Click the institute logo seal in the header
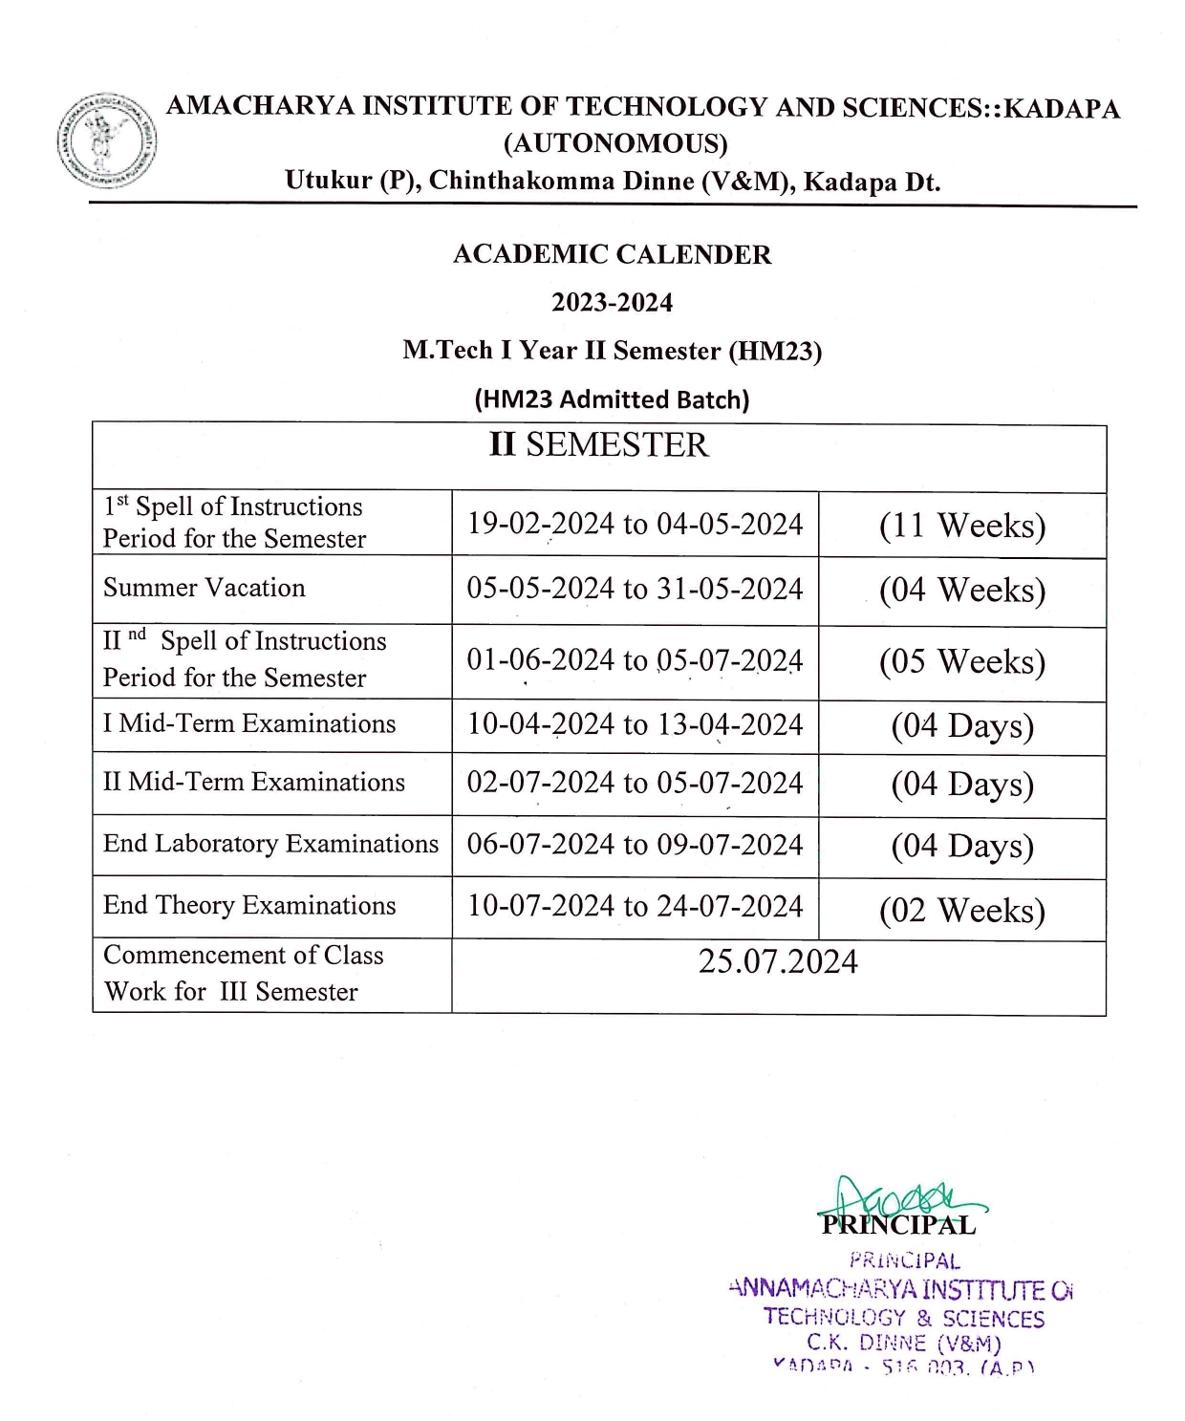tap(106, 140)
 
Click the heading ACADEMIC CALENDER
tap(612, 254)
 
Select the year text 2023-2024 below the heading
tap(612, 302)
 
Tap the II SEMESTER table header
tap(599, 445)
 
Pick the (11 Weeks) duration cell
tap(961, 526)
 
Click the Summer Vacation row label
tap(205, 588)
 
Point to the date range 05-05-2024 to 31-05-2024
tap(635, 589)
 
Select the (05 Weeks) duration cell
tap(961, 661)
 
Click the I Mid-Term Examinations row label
tap(249, 724)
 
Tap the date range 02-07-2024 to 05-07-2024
tap(635, 783)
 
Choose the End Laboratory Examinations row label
tap(270, 844)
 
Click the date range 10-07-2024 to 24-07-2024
tap(635, 906)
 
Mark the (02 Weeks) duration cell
tap(961, 910)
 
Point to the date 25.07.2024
tap(778, 961)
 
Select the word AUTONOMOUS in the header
tap(615, 143)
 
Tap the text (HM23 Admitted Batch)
tap(612, 399)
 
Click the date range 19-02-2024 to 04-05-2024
tap(635, 524)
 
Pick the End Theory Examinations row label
tap(249, 905)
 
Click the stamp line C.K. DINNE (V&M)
tap(904, 1343)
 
